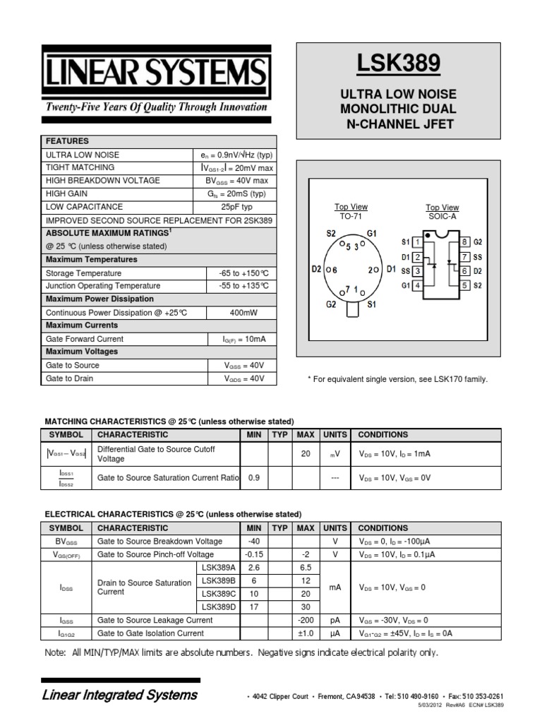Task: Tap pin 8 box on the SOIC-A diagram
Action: point(464,242)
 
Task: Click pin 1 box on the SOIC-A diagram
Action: point(418,242)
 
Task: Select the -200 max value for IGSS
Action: point(306,620)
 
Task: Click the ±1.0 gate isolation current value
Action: point(306,633)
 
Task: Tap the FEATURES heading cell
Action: point(68,141)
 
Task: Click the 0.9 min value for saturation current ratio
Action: point(254,478)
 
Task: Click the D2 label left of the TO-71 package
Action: point(317,269)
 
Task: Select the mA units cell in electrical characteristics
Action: point(335,586)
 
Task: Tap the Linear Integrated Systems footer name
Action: point(121,695)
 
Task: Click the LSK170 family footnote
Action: point(397,379)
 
